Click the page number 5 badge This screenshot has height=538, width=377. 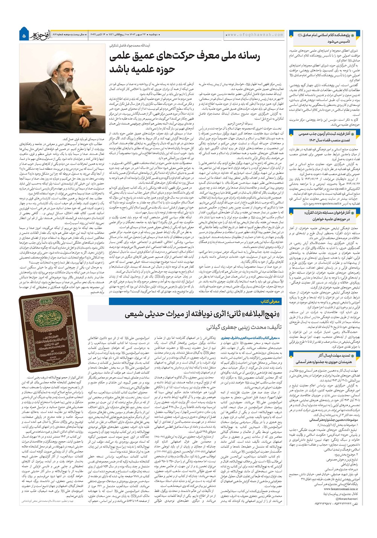point(25,35)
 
